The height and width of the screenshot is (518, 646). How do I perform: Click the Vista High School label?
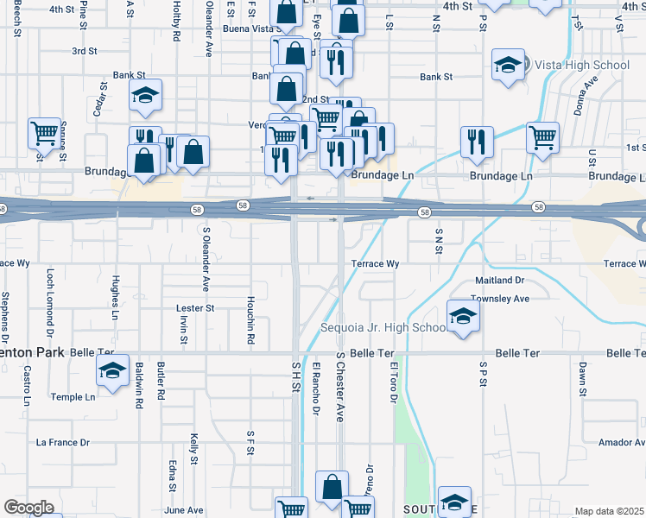point(582,65)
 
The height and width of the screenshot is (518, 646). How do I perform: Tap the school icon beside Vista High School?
point(508,65)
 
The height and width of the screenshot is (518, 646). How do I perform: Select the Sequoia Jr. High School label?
point(382,328)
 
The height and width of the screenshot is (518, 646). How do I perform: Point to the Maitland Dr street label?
point(500,281)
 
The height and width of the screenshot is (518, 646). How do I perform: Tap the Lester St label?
point(194,307)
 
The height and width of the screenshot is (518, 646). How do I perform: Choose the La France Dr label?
point(62,442)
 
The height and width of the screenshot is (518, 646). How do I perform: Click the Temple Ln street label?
point(73,397)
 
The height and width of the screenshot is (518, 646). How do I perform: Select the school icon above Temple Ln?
point(112,370)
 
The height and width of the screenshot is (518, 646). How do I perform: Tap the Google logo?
point(28,508)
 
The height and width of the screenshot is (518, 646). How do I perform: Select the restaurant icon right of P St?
point(477,142)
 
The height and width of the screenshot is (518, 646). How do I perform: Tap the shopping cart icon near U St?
point(542,136)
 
